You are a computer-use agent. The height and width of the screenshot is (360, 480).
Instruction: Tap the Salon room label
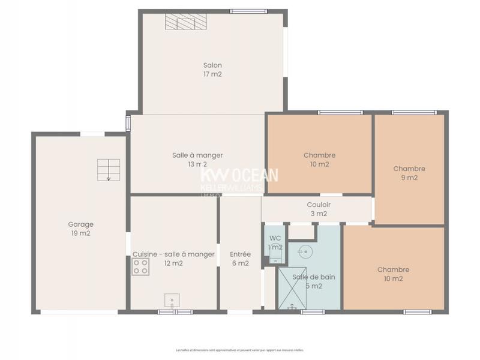click(x=212, y=65)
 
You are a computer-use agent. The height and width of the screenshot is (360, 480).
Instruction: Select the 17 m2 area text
click(x=212, y=74)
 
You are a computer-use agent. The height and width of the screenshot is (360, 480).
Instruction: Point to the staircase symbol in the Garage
click(x=109, y=170)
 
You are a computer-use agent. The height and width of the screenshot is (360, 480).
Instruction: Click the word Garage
click(x=80, y=224)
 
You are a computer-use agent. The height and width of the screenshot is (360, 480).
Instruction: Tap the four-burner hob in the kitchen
click(x=140, y=267)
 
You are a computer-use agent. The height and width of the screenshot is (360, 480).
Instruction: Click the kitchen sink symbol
click(x=172, y=300)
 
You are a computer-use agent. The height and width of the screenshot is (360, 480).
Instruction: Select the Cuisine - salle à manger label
click(x=173, y=254)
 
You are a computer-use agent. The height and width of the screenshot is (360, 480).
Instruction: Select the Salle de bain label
click(x=314, y=277)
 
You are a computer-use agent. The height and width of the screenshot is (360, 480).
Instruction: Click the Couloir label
click(x=319, y=205)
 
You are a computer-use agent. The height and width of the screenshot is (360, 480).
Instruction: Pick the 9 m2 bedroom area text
click(x=409, y=178)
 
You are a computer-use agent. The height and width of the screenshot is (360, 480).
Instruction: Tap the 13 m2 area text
click(x=197, y=164)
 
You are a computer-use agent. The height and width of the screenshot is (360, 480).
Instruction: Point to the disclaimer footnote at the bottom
click(x=240, y=350)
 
